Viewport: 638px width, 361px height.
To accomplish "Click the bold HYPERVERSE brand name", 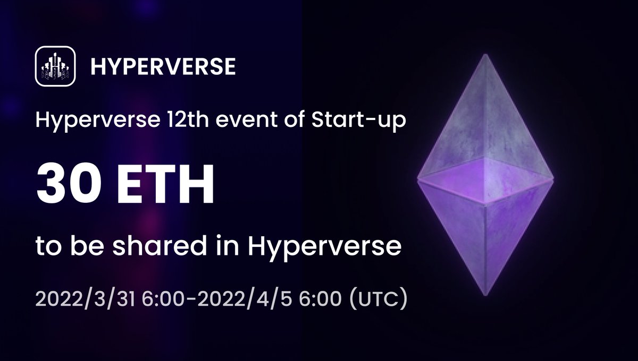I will pos(163,66).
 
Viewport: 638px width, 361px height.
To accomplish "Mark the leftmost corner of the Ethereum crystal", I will pos(418,178).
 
